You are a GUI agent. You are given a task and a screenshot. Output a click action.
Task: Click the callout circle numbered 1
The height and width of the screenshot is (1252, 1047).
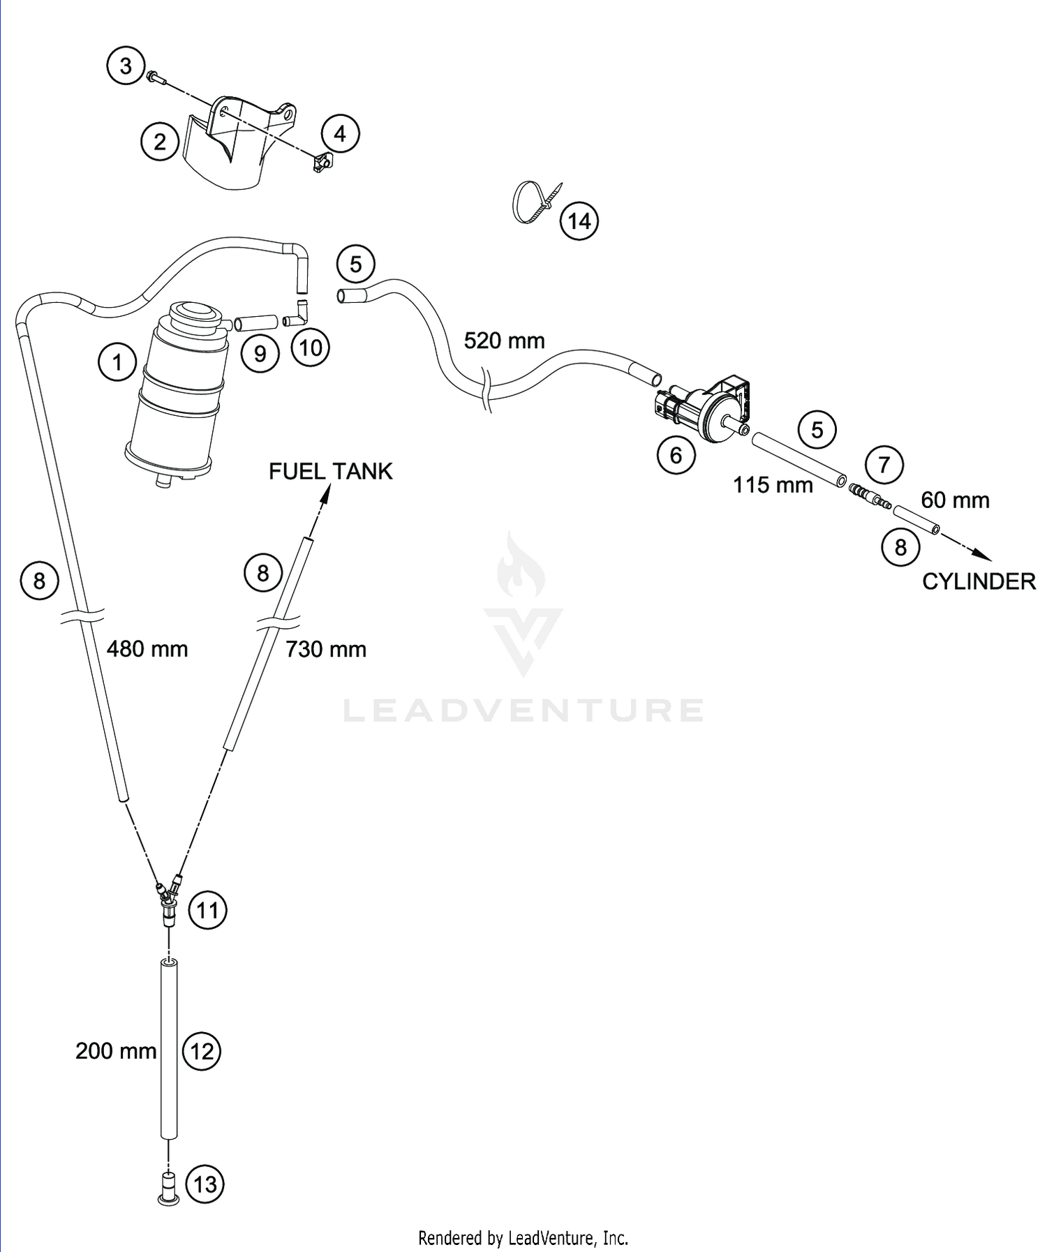pos(117,362)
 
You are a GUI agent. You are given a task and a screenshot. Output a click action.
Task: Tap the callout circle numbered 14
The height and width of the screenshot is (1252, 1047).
pos(579,221)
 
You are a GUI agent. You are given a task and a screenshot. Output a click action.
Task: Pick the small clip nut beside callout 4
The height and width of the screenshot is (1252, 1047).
pos(322,163)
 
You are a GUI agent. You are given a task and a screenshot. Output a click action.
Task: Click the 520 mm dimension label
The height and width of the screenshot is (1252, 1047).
pos(504,341)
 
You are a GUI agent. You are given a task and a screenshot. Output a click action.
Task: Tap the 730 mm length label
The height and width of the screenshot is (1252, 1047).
pos(325,649)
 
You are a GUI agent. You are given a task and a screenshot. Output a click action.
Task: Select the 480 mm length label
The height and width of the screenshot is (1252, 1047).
pos(147,649)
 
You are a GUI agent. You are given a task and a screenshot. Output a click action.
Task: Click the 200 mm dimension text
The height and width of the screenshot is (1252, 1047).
pos(116,1050)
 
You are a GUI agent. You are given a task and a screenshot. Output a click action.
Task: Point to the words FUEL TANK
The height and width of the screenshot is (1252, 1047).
pos(331,472)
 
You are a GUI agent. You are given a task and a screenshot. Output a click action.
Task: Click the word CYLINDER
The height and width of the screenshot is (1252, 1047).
pos(979,581)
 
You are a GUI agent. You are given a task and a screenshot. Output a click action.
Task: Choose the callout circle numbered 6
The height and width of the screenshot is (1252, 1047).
pos(676,455)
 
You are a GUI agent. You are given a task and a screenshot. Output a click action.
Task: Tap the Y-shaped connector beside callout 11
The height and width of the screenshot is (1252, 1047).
pos(168,900)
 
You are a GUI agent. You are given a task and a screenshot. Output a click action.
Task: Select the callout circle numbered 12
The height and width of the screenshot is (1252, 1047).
pos(202,1051)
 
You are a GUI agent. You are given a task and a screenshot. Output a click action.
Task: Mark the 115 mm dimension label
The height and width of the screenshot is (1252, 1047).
pos(773,484)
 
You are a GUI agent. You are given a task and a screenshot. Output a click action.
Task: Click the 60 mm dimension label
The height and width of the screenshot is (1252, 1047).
pos(955,500)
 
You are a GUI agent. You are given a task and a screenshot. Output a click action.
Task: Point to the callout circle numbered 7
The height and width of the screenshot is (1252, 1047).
pos(884,464)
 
